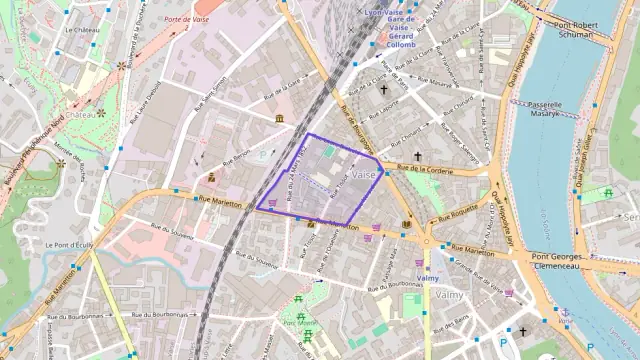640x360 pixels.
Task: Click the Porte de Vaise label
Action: [186, 19]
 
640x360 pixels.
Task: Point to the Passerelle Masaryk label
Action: [555, 109]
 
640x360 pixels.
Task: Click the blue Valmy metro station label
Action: [428, 277]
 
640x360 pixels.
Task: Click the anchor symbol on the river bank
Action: [565, 313]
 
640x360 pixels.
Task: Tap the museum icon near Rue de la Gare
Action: [277, 120]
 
